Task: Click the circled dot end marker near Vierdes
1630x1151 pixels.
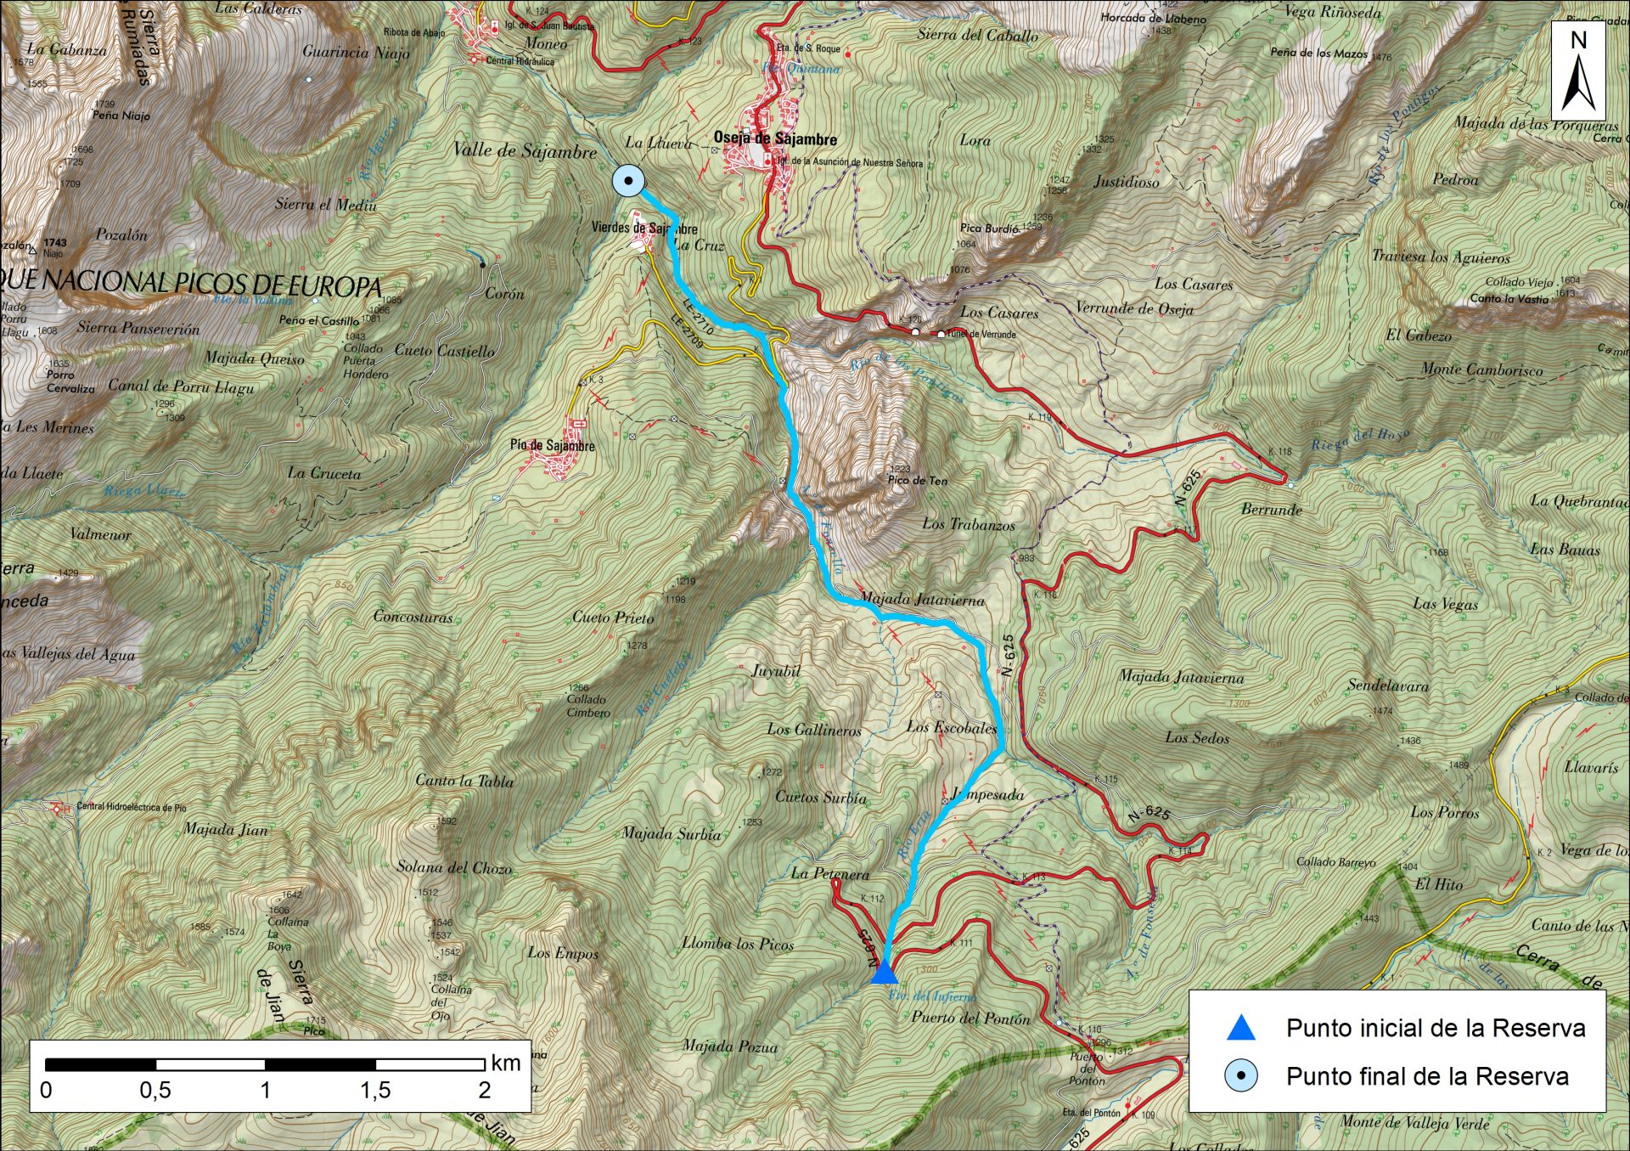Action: (628, 180)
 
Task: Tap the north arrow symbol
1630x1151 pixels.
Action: (1578, 72)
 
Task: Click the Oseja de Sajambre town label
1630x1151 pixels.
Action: (774, 139)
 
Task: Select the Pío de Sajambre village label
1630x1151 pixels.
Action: (552, 445)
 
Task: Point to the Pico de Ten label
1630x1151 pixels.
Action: (917, 480)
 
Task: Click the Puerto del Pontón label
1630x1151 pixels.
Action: (970, 1018)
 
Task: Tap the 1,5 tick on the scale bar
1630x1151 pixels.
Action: (375, 1090)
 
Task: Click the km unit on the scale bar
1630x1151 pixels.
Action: (505, 1063)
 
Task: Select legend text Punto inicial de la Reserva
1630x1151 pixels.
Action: (1435, 1028)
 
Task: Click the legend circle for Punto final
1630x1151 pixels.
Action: (1240, 1076)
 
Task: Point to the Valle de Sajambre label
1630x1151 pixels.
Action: (524, 151)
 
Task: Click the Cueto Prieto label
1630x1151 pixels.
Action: (613, 618)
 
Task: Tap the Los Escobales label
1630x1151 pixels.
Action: (951, 727)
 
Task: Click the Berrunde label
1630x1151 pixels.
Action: (1271, 510)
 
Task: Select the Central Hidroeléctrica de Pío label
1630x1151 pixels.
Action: (131, 806)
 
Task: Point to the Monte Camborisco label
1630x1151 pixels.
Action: (1481, 370)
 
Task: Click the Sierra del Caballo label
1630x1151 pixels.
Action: (977, 35)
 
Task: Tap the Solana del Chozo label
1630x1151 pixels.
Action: (454, 867)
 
